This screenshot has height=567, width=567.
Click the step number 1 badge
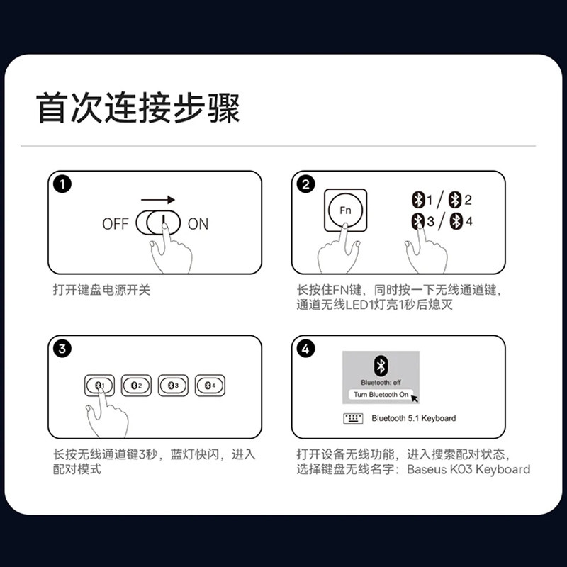tap(62, 184)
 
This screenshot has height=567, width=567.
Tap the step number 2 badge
tap(306, 184)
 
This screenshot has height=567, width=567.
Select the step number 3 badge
tap(62, 349)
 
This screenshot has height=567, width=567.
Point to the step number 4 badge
tap(306, 349)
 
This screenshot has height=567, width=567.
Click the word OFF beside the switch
tap(116, 224)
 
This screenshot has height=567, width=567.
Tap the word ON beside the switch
tap(198, 224)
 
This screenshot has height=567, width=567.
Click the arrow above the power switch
tap(158, 200)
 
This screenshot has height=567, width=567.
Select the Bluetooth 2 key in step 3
tap(136, 386)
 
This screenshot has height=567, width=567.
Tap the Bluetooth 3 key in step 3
tap(173, 386)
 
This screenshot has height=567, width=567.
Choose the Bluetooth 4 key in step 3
tap(210, 386)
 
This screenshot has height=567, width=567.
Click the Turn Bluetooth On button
tap(381, 395)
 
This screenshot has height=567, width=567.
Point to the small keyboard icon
tap(353, 418)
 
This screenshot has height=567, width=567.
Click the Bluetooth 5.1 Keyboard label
tap(414, 418)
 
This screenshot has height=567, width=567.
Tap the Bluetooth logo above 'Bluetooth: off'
tap(381, 366)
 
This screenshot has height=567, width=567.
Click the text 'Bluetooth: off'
tap(381, 383)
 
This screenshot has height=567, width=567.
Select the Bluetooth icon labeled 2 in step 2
tap(455, 200)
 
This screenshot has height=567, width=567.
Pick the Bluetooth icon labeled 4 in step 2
tap(456, 221)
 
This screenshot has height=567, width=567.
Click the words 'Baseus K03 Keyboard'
tap(468, 469)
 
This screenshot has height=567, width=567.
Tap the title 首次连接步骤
tap(137, 108)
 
